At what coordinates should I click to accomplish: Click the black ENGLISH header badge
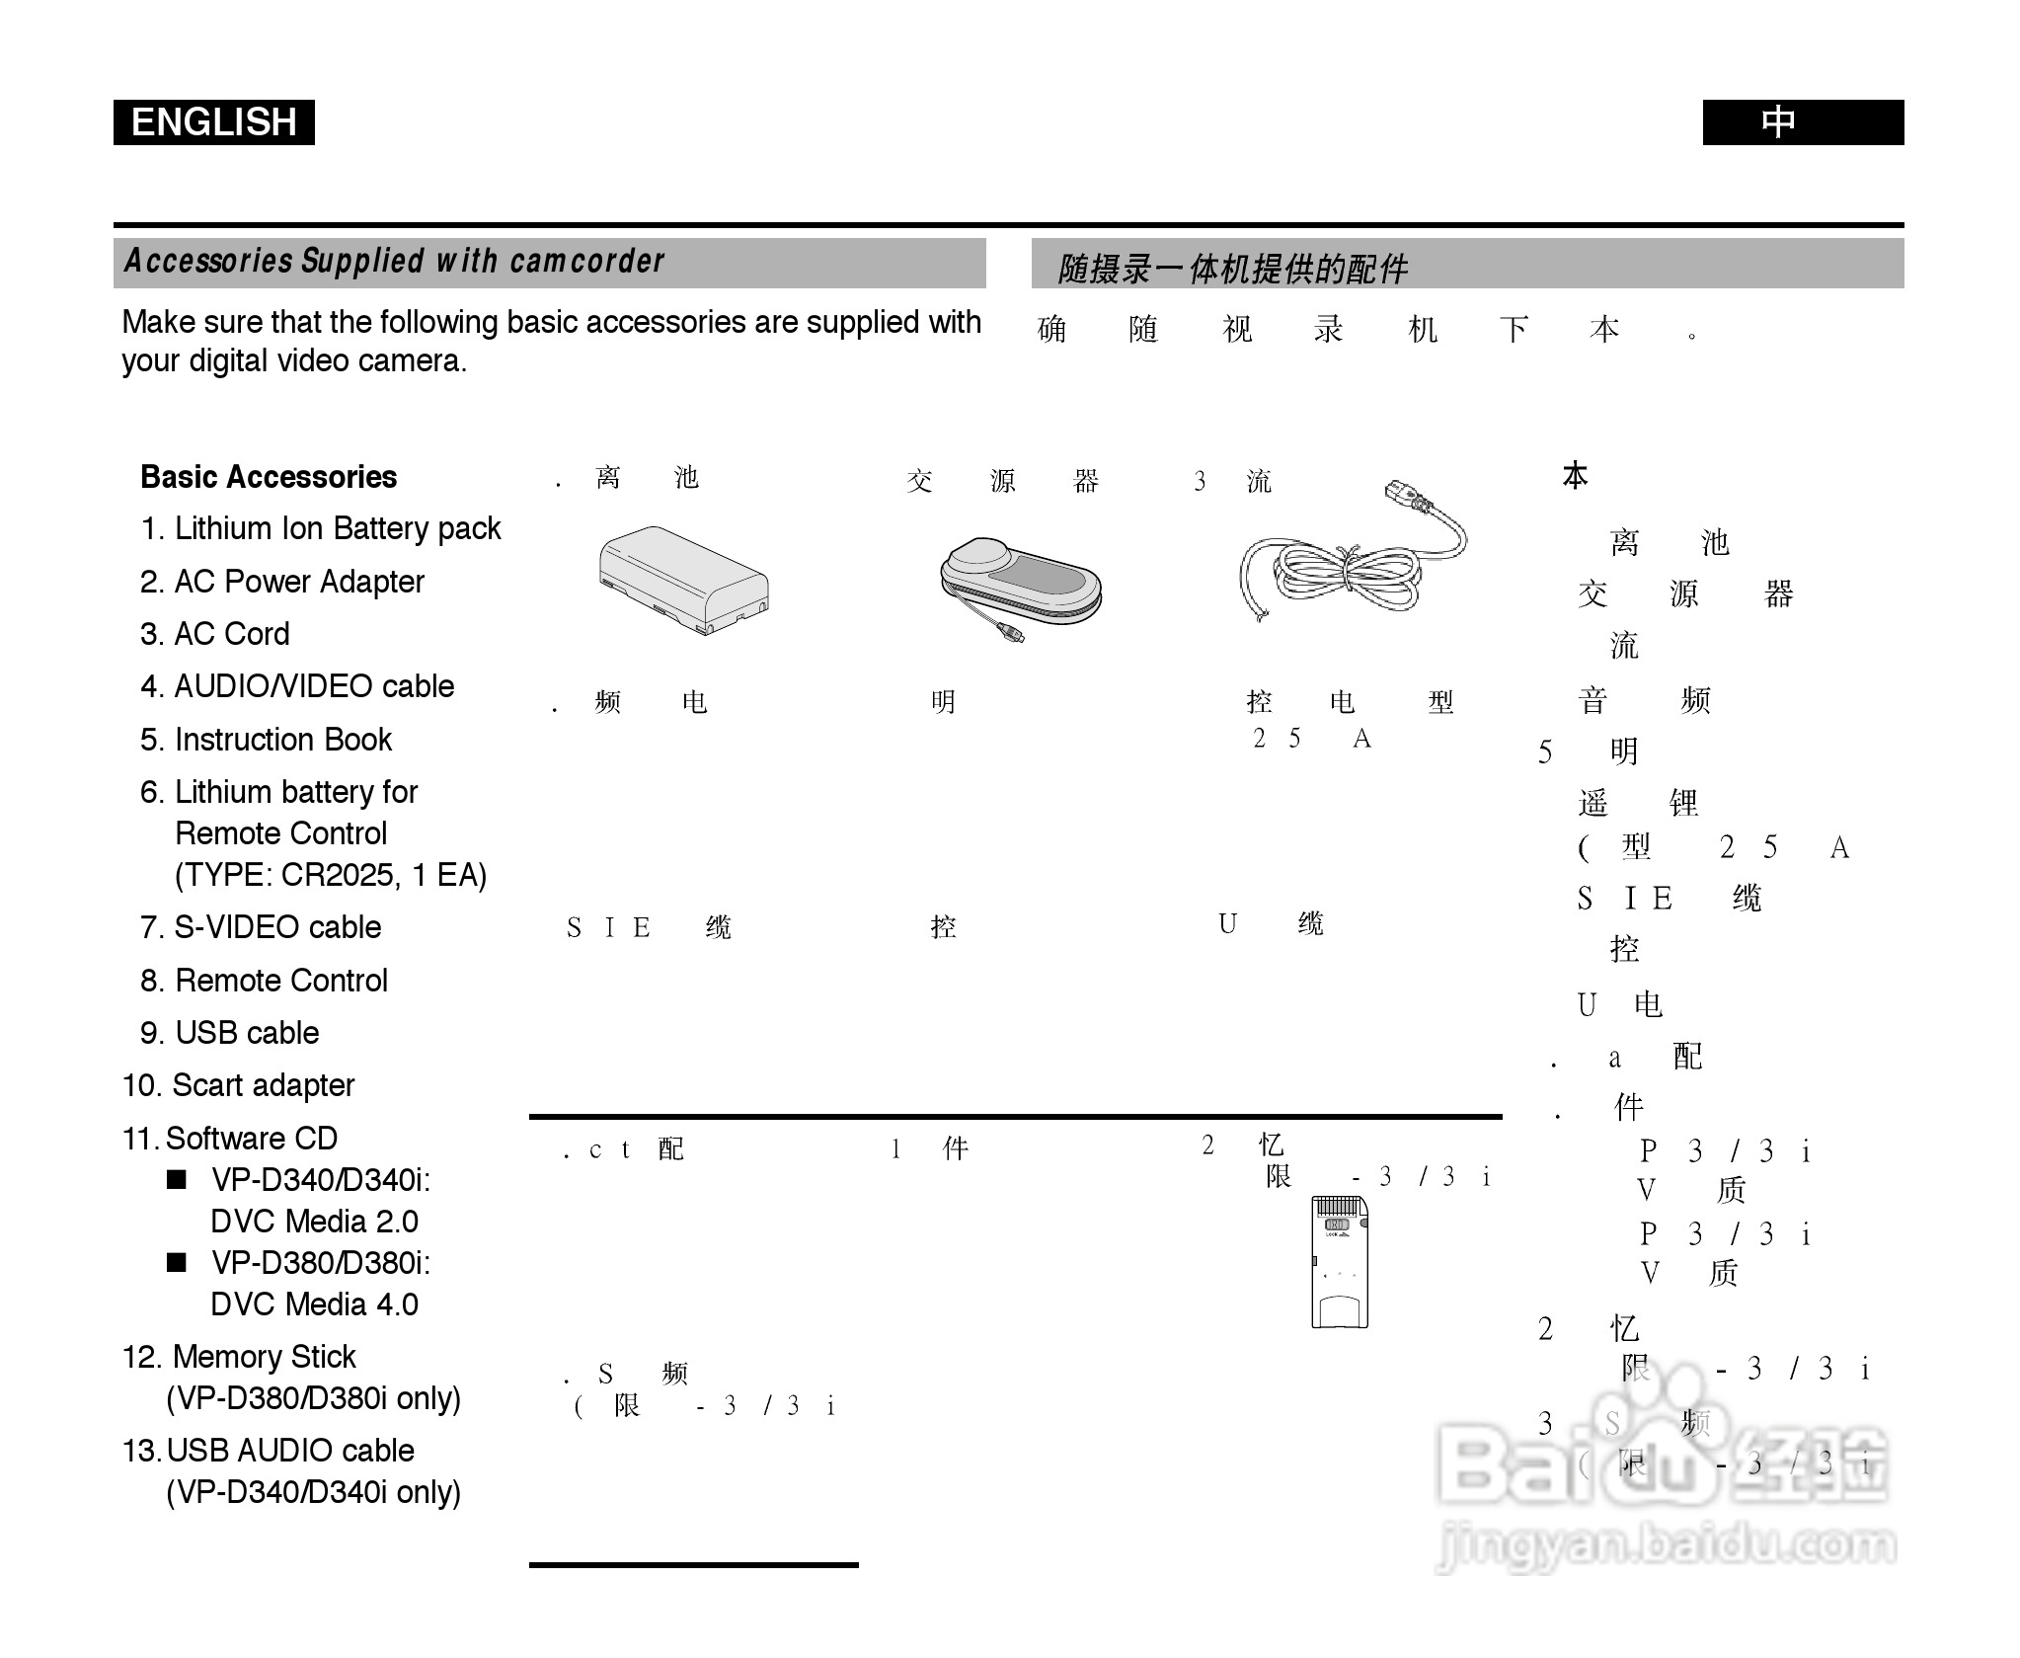click(213, 122)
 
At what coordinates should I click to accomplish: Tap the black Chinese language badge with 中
click(1802, 122)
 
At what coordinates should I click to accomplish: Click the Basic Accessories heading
click(269, 477)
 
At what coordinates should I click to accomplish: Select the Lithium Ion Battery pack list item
click(321, 529)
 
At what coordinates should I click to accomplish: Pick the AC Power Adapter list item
click(282, 582)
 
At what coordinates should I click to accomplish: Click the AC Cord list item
click(215, 634)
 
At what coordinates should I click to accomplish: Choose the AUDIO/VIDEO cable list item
click(297, 686)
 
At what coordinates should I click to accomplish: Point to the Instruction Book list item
click(266, 740)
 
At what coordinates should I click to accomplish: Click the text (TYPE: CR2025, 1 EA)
click(331, 875)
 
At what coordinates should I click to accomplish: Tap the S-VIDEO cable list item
click(261, 927)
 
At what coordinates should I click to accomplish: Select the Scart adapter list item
click(238, 1085)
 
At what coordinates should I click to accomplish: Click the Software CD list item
click(230, 1139)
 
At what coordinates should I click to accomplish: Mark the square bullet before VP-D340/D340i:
click(177, 1180)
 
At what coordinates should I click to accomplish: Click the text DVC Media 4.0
click(314, 1304)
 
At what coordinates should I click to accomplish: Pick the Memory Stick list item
click(239, 1357)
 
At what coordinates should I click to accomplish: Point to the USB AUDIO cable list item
click(269, 1451)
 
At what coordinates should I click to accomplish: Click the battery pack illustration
click(683, 580)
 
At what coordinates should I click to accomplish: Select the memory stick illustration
click(1339, 1261)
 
